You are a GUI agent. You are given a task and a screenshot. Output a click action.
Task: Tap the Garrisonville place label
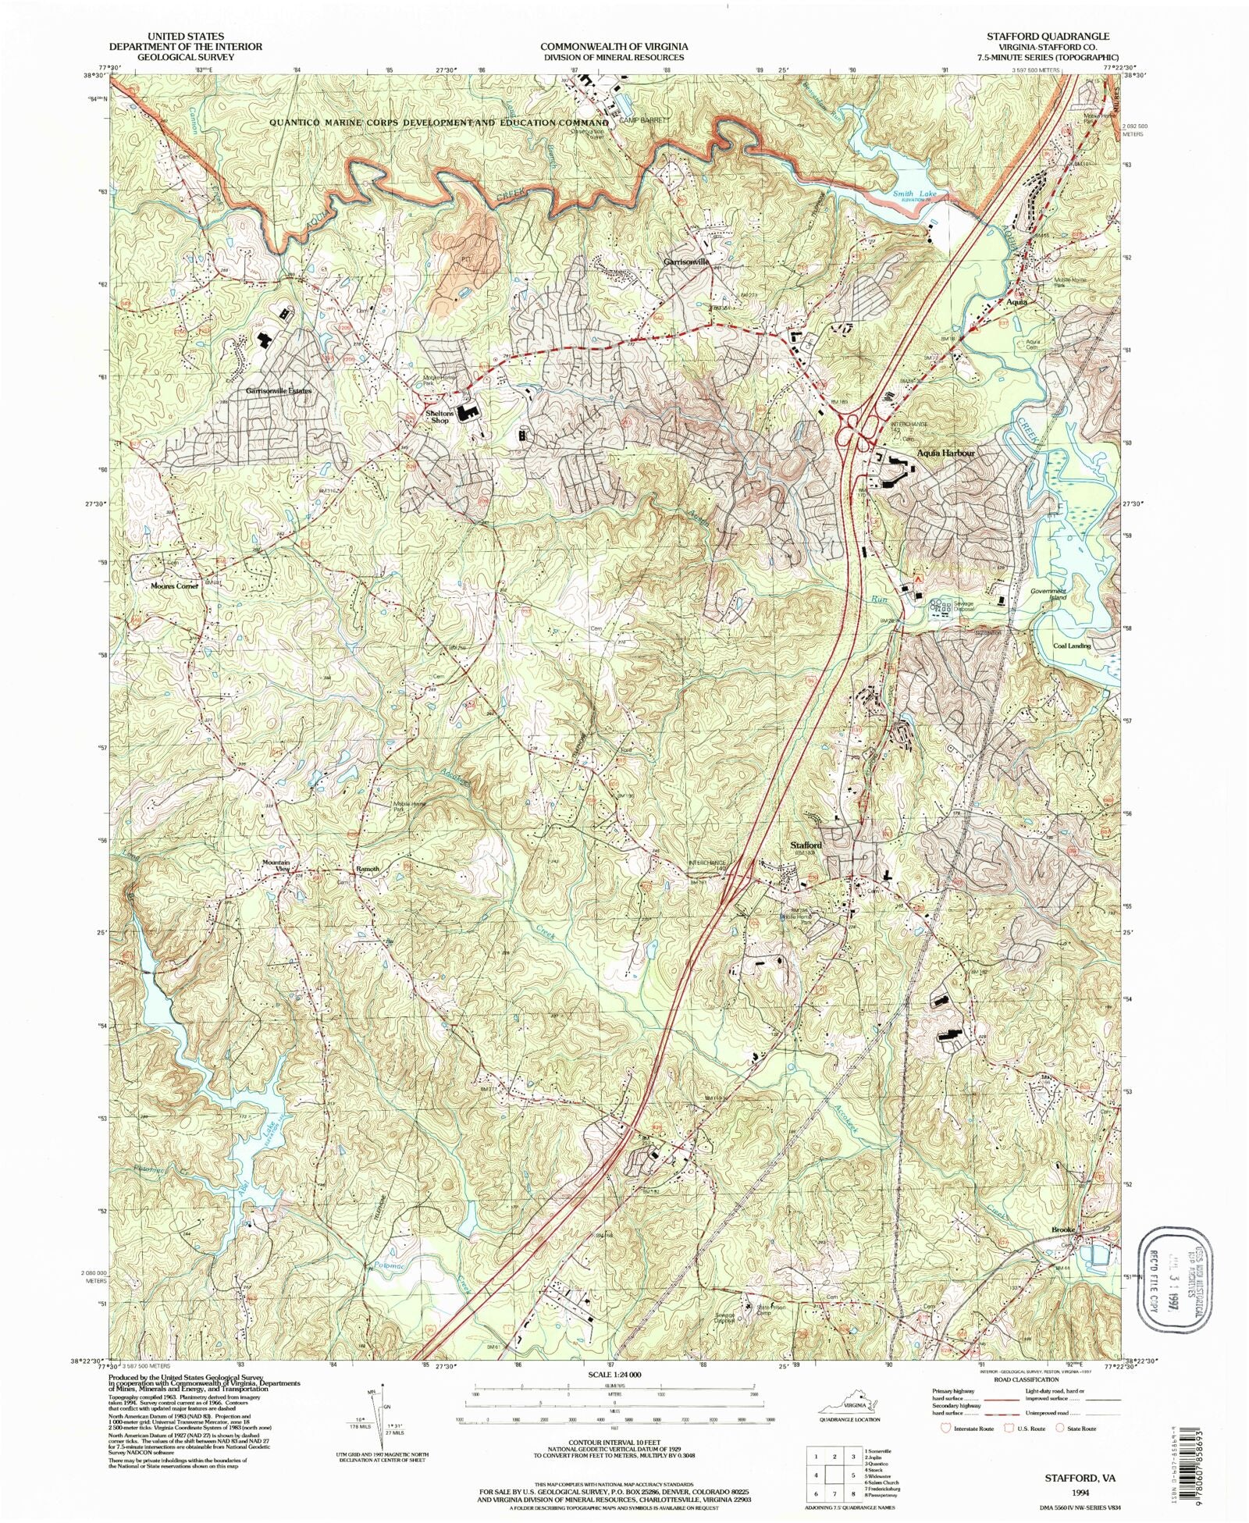click(x=686, y=262)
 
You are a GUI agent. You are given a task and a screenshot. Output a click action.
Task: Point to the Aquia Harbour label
click(x=945, y=453)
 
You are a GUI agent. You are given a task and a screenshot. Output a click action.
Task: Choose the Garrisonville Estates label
click(x=279, y=390)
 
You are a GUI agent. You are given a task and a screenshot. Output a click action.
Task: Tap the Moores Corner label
click(x=176, y=585)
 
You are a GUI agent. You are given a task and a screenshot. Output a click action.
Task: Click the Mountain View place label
click(x=276, y=866)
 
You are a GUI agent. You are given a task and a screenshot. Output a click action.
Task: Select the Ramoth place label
click(x=368, y=869)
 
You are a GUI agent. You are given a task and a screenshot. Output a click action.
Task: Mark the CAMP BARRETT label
click(x=640, y=121)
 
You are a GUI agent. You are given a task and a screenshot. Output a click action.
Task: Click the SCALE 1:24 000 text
click(x=614, y=1373)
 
